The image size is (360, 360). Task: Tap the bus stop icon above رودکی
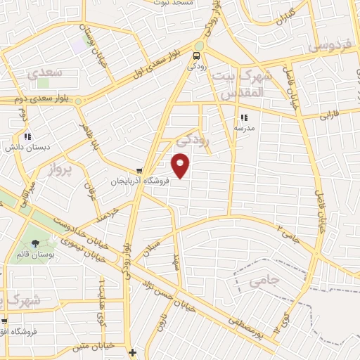click(x=198, y=56)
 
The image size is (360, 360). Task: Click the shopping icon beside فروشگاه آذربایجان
click(x=139, y=170)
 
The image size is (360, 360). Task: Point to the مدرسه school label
click(x=244, y=129)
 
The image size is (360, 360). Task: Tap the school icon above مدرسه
click(x=244, y=118)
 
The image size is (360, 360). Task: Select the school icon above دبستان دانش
click(x=27, y=136)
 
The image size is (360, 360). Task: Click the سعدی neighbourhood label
click(x=43, y=72)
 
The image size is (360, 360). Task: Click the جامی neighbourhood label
click(x=265, y=281)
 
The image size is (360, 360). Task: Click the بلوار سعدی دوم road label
click(x=38, y=100)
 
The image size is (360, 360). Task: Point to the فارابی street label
click(x=330, y=112)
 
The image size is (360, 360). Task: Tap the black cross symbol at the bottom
click(x=132, y=351)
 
